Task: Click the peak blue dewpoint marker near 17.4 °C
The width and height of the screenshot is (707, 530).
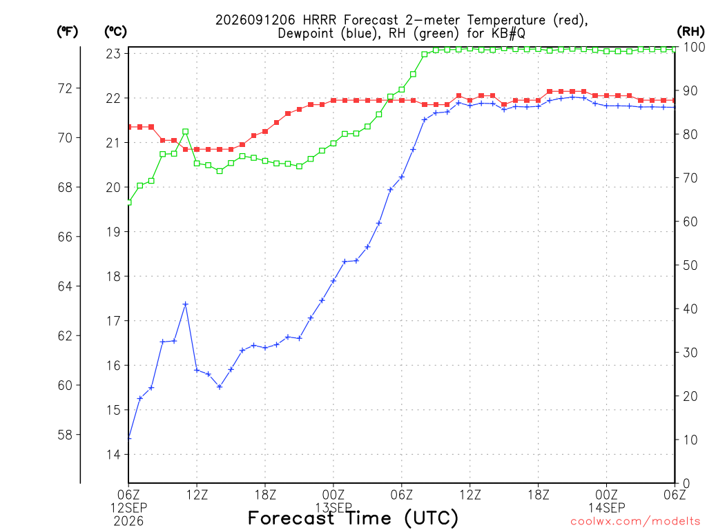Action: pos(185,304)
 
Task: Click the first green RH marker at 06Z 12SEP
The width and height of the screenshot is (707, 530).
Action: pos(129,202)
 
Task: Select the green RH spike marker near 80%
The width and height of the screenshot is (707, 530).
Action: pos(185,132)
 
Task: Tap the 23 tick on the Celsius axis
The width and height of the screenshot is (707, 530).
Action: pos(114,54)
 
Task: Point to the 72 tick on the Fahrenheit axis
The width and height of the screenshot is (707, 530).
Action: pos(66,88)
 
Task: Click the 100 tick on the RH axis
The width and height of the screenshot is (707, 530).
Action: pos(695,47)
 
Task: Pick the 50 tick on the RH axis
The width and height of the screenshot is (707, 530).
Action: pos(690,265)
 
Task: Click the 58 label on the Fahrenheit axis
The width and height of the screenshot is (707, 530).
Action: pos(66,435)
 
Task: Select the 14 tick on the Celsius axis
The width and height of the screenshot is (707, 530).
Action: pos(114,454)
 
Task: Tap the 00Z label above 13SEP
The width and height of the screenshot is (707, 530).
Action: pos(333,495)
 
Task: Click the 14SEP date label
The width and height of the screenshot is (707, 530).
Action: pos(606,508)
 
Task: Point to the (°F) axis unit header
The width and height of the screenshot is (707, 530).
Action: pos(67,32)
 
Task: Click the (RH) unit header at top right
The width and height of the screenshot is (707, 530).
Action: pos(690,32)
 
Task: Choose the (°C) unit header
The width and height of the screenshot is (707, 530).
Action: pos(115,32)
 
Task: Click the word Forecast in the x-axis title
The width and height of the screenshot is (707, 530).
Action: pos(291,518)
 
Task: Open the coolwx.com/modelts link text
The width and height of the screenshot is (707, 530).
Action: pos(635,522)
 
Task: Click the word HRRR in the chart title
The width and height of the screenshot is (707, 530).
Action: pos(320,20)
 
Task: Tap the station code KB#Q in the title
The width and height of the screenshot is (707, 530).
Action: pos(508,33)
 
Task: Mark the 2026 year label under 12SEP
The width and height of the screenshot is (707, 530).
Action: pos(128,522)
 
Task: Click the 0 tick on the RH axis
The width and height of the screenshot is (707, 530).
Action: pos(686,484)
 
